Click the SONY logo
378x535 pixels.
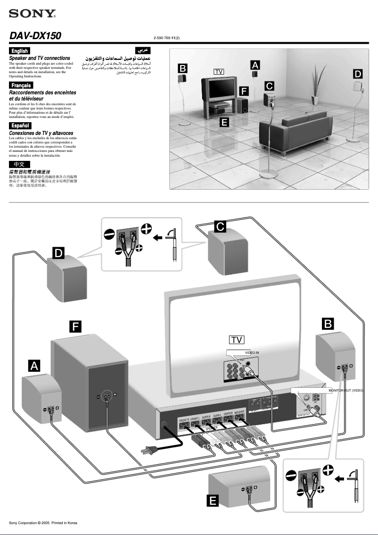point(32,14)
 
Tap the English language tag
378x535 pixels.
point(20,51)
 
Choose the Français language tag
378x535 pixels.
point(21,85)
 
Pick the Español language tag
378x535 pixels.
point(20,125)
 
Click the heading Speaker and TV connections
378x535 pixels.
point(40,58)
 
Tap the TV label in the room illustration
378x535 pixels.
point(218,71)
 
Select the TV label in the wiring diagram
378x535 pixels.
point(237,340)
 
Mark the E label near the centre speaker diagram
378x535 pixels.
point(213,500)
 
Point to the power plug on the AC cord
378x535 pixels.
point(147,451)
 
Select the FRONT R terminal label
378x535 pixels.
point(184,419)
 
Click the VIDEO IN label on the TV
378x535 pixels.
point(252,353)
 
